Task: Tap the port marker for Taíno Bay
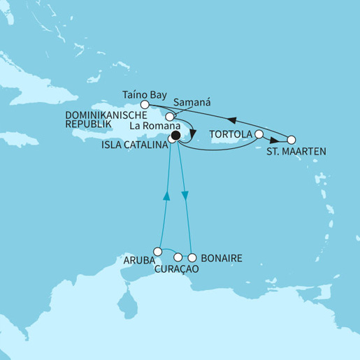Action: [145, 103]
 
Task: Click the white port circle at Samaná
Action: [169, 116]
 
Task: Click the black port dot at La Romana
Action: [175, 136]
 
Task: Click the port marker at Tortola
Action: [259, 134]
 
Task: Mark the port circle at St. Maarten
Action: [291, 139]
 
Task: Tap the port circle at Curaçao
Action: [178, 257]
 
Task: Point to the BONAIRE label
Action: [221, 259]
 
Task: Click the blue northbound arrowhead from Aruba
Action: [166, 198]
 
